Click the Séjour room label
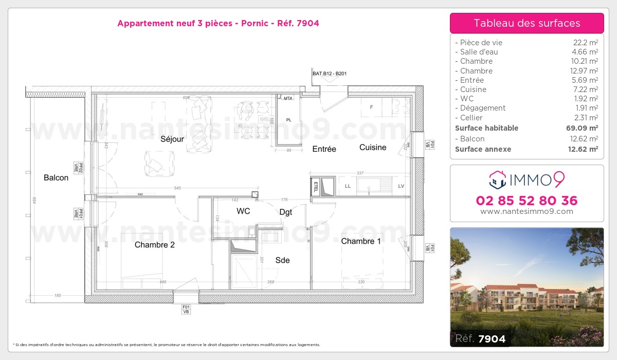172,139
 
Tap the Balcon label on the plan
56,177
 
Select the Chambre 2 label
154,245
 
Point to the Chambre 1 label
361,241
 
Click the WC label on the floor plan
243,211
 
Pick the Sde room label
282,260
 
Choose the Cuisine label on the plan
373,147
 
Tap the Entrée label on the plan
324,149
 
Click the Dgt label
285,212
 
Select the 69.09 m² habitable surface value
583,128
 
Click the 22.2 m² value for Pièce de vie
585,43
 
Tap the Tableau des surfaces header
527,23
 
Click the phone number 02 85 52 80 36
527,201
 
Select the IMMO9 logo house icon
497,180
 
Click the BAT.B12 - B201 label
330,74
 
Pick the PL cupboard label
289,120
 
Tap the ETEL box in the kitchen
316,186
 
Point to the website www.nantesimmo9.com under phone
527,211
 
